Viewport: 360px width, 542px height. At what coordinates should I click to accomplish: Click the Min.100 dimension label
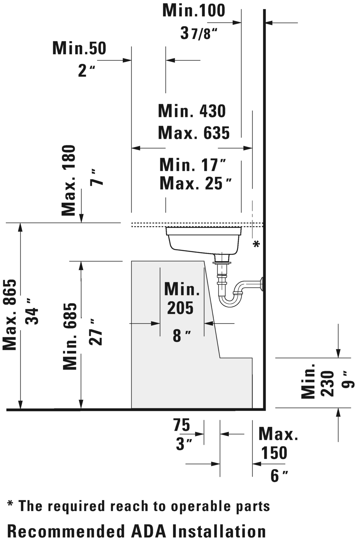coord(194,11)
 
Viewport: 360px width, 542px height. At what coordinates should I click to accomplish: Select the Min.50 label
coord(79,48)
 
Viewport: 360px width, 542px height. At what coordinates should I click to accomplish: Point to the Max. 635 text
coord(194,133)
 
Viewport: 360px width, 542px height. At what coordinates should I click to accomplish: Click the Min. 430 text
coord(192,111)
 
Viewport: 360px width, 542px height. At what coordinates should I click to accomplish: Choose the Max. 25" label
coord(196,184)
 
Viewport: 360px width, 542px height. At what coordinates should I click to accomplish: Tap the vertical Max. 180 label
coord(69,180)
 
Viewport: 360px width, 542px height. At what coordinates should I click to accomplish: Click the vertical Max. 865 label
coord(10,315)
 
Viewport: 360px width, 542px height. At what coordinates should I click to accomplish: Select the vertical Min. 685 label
coord(70,336)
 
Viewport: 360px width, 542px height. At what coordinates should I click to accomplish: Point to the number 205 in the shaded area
coord(180,308)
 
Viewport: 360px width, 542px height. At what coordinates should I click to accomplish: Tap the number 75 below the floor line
coord(181,425)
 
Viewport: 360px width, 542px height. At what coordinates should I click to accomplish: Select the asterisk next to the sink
coord(257,244)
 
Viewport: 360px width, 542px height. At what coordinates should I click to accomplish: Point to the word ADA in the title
coord(149,531)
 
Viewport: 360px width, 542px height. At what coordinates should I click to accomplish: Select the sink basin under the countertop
coord(204,240)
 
